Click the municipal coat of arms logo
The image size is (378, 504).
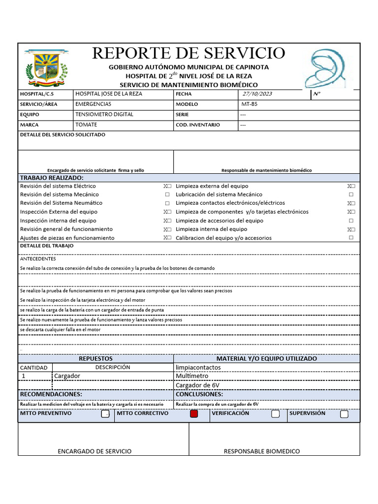[46, 68]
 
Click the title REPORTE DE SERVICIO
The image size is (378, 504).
[189, 53]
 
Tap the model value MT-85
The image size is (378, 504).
[249, 104]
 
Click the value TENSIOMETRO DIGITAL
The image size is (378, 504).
[104, 115]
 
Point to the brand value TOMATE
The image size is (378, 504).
[86, 125]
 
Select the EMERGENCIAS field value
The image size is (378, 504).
[93, 104]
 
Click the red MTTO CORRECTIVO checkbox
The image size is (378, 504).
[194, 414]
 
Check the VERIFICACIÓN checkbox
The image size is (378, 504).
[275, 414]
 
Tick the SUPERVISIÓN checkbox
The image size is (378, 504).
[344, 414]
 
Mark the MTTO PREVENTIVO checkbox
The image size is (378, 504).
[105, 414]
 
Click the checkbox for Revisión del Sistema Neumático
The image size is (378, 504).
[167, 203]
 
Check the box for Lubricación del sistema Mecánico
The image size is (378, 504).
[351, 195]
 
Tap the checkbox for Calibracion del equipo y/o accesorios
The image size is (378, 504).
[351, 238]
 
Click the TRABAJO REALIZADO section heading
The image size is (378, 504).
[52, 178]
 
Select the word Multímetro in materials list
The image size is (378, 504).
[192, 376]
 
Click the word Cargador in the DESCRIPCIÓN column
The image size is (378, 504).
[67, 376]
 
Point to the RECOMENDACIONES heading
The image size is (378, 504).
[51, 394]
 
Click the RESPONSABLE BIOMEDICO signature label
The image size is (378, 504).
[261, 451]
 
